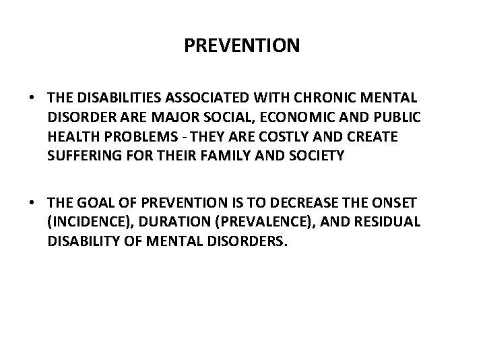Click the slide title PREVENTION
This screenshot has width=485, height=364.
(242, 47)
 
